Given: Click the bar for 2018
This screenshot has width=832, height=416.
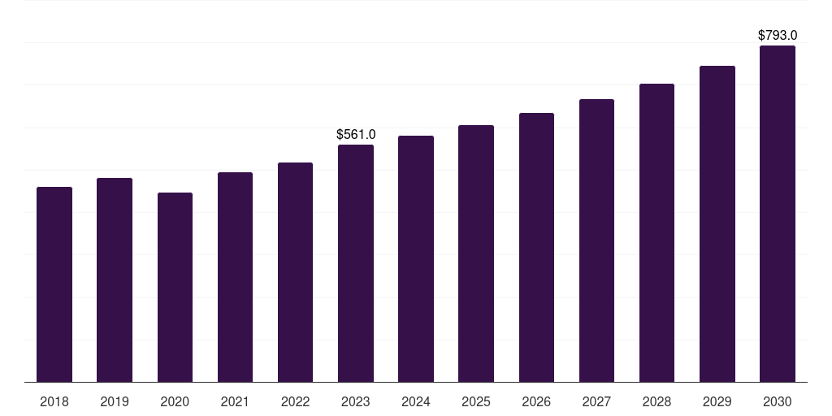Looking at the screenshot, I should pos(54,284).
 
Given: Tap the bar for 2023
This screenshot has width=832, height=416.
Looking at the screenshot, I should pos(356,263).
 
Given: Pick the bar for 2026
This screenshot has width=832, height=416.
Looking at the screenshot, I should pos(536,247).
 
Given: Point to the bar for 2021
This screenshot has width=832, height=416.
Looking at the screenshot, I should pos(235,277).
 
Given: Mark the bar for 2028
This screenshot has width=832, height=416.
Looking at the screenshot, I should pos(656,232).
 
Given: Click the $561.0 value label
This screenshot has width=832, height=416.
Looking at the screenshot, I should pos(356,134).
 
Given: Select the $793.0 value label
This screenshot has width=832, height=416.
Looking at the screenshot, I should pos(778,35).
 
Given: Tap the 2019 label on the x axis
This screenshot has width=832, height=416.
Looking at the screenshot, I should pos(115,401).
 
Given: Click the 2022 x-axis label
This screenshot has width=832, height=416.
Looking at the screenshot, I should pos(295,401).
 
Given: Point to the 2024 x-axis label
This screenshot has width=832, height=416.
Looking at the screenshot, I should pos(416,401).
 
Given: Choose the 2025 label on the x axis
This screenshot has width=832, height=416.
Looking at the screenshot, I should pos(476,401).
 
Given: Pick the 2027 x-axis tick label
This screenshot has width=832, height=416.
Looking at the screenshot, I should pos(596,401).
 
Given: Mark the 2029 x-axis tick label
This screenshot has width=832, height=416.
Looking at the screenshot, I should pos(717,401).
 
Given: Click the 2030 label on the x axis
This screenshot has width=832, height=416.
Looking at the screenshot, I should pos(778,401).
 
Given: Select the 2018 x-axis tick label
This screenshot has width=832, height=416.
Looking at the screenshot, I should pos(54,401).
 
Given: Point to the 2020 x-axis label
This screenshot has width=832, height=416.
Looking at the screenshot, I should pos(175,401).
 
